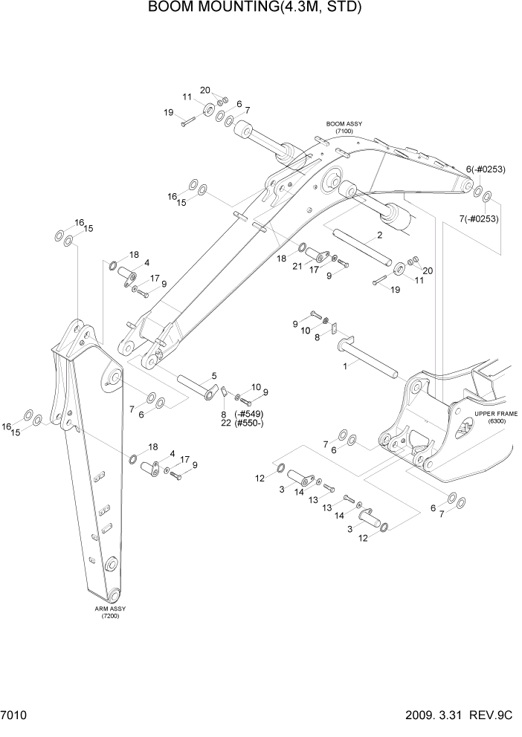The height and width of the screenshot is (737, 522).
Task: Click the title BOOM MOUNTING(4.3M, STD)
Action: click(254, 8)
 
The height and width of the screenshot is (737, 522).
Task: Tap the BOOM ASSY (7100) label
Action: click(343, 127)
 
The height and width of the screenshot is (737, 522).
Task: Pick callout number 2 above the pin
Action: click(379, 236)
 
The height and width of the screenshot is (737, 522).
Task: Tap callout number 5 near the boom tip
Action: click(214, 375)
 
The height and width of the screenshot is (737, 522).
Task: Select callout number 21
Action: click(297, 266)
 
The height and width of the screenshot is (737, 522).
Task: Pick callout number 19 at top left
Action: click(169, 112)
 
